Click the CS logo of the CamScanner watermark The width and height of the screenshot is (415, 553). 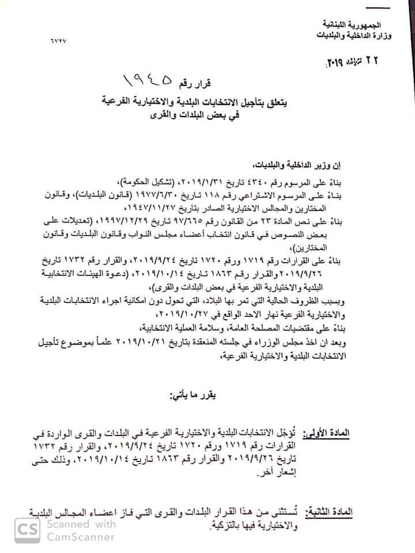28,531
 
